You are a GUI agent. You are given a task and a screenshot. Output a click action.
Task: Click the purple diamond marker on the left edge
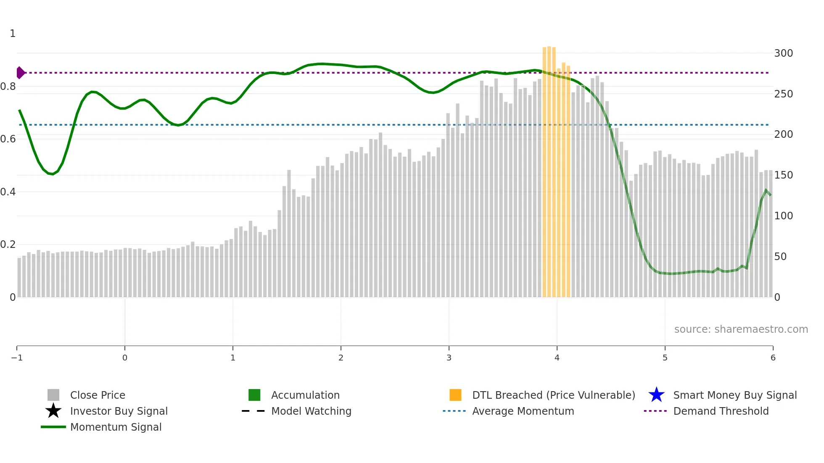[x=20, y=73]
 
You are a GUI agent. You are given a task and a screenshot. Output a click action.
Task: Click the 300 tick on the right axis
[x=783, y=53]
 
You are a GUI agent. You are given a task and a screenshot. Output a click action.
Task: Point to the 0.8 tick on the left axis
[x=8, y=87]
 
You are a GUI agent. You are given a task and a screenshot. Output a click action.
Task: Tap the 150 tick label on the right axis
[x=783, y=175]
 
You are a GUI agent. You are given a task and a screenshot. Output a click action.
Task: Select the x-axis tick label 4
[x=557, y=358]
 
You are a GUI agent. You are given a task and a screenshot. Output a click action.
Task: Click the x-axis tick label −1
[x=17, y=358]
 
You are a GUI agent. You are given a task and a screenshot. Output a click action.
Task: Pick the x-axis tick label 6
[x=773, y=358]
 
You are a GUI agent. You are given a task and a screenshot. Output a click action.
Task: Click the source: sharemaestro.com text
[x=741, y=329]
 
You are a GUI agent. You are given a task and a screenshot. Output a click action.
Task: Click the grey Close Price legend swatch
[x=53, y=395]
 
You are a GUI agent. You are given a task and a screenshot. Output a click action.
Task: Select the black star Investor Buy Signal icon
[x=53, y=411]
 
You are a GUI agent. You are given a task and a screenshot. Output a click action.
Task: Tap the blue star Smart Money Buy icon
[x=656, y=395]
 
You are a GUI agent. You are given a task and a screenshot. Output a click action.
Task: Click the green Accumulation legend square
[x=254, y=395]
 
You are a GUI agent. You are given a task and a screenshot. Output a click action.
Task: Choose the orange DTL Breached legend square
[x=455, y=395]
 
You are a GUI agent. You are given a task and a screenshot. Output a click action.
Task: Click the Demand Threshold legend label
[x=721, y=411]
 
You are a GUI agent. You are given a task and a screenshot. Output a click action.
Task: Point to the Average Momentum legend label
[x=523, y=411]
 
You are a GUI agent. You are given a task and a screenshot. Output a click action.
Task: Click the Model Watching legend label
[x=311, y=411]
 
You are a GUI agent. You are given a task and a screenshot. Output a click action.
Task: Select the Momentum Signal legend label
[x=116, y=427]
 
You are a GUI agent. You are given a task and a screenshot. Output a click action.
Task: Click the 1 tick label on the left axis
[x=13, y=34]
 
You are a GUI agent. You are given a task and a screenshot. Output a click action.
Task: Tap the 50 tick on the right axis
[x=780, y=257]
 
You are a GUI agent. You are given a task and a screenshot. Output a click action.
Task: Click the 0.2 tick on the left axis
[x=8, y=245]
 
